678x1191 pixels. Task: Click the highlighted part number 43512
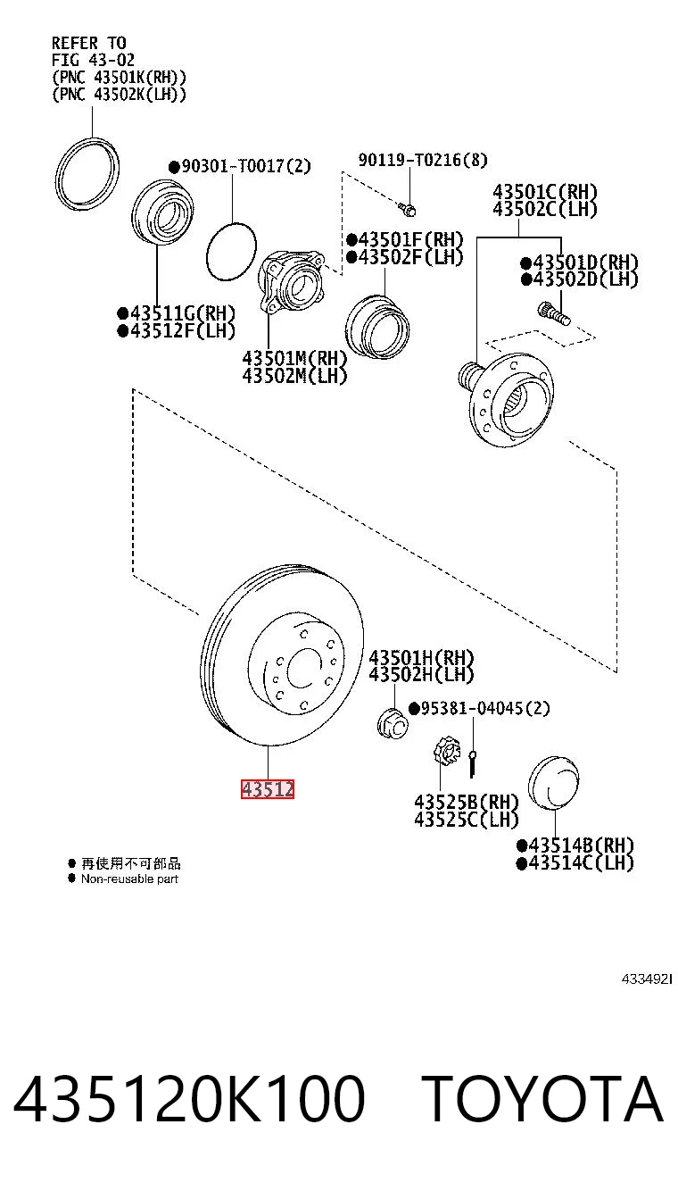pos(268,789)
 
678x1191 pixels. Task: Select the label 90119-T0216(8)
pos(423,160)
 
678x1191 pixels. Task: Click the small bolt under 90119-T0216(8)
pos(408,209)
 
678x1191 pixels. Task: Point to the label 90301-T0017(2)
pos(240,166)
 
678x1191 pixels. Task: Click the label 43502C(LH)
pos(545,209)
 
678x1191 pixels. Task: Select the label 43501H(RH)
pos(421,658)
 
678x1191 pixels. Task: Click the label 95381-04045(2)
pos(479,708)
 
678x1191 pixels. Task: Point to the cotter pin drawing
pos(472,763)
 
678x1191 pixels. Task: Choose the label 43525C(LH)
pos(466,820)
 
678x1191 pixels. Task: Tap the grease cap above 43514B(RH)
pos(554,782)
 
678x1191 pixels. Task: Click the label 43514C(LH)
pos(575,862)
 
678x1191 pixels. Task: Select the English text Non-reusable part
pos(129,879)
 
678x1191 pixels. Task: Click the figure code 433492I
pos(647,979)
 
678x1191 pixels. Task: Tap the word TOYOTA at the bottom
pos(542,1098)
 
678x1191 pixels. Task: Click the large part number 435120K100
pos(188,1098)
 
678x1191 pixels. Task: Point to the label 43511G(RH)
pos(176,312)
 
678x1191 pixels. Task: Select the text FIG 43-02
pos(93,60)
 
